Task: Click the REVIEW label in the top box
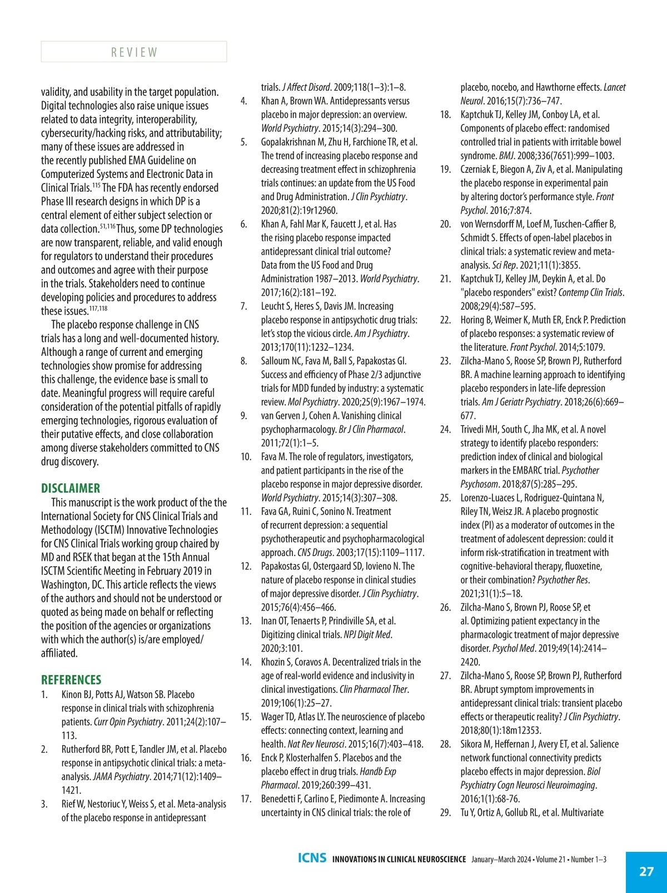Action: point(134,52)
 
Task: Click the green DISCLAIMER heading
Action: point(71,488)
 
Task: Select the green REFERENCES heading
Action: point(71,679)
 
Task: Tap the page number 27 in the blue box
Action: point(646,871)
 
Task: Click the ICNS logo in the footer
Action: point(312,858)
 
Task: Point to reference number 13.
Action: point(246,621)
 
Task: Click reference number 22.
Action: point(445,320)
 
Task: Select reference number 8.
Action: point(244,361)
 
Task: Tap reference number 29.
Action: point(445,812)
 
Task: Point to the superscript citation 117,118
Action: point(98,308)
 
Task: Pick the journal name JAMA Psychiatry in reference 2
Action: point(121,776)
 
